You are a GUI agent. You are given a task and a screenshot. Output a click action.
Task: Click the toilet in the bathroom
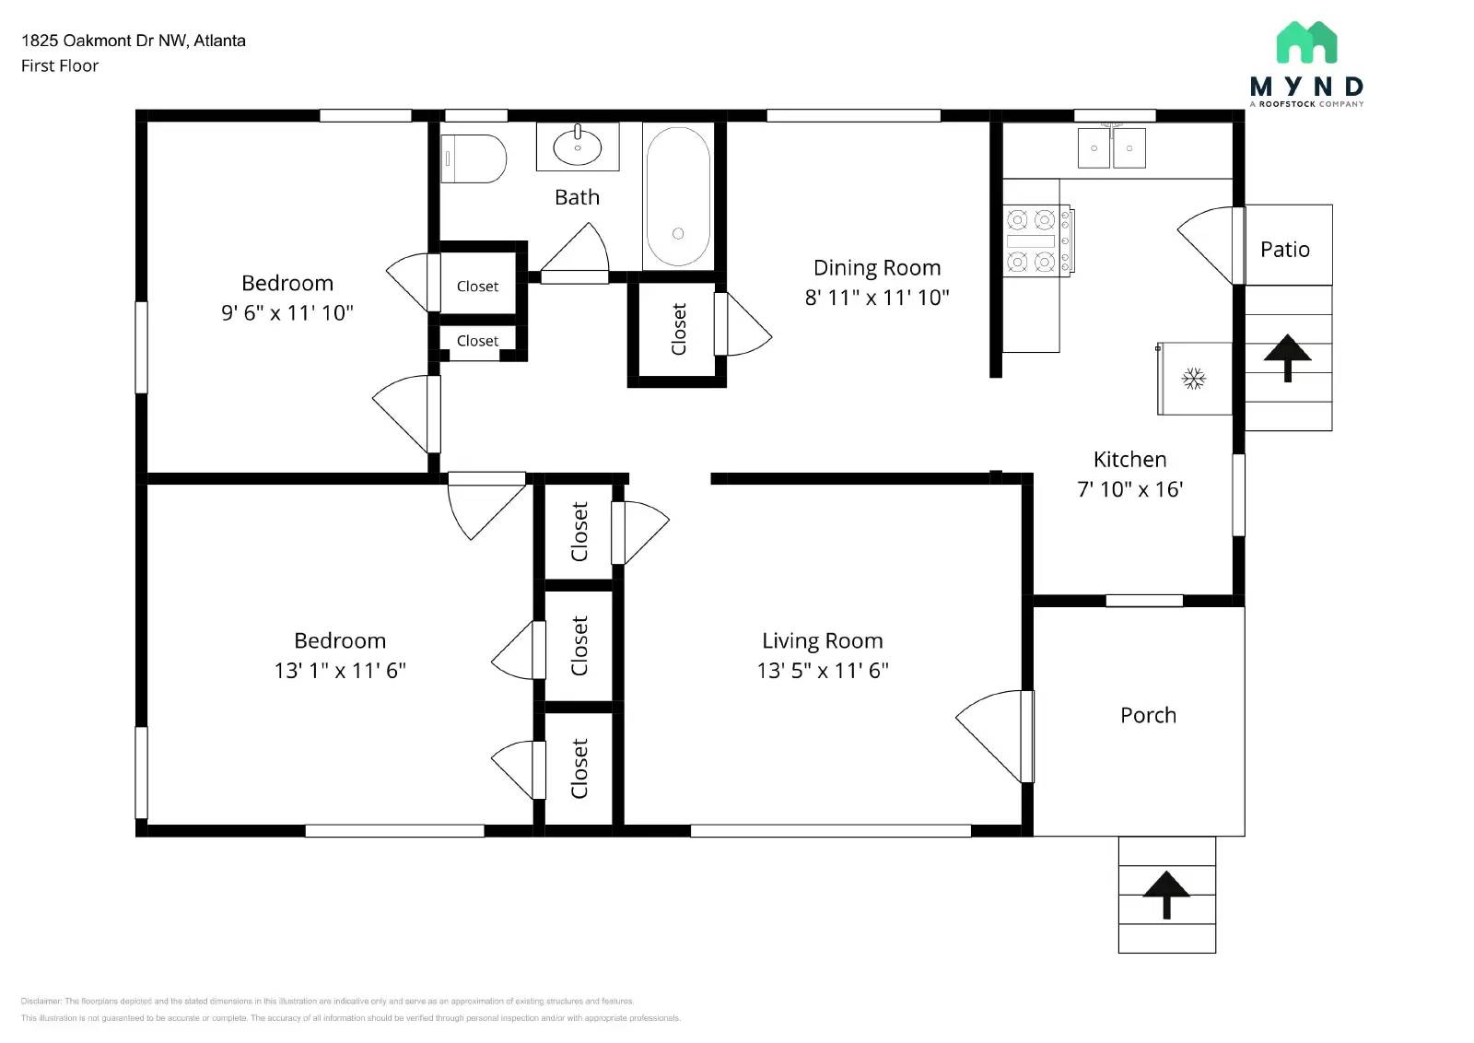coord(474,158)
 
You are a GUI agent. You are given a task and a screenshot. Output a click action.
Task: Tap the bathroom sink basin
coord(578,146)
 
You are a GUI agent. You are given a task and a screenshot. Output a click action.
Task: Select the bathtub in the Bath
coord(678,196)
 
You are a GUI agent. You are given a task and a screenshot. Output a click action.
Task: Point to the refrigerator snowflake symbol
coord(1194,379)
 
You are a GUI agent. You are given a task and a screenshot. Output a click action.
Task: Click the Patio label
coord(1284,249)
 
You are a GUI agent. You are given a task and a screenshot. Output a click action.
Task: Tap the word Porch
coord(1148,715)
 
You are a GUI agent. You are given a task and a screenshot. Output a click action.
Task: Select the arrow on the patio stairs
coord(1287,357)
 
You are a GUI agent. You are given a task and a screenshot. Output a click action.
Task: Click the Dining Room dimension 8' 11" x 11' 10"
coord(876,298)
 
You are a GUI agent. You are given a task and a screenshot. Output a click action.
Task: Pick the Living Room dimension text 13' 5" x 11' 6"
coord(822,671)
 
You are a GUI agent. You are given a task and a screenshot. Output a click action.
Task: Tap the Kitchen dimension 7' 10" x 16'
coord(1129,489)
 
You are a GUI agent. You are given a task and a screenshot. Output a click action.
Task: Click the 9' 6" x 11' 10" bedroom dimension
coord(287,313)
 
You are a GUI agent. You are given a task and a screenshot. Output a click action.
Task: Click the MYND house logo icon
coord(1306,42)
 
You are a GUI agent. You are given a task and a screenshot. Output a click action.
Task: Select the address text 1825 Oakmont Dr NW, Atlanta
coord(134,41)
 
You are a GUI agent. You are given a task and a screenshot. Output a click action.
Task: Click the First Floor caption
coord(60,65)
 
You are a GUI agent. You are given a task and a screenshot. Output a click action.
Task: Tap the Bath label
coord(577,197)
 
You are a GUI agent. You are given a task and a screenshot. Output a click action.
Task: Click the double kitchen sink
coord(1112,147)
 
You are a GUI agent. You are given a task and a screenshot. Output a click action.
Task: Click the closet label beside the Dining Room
coord(679,329)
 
